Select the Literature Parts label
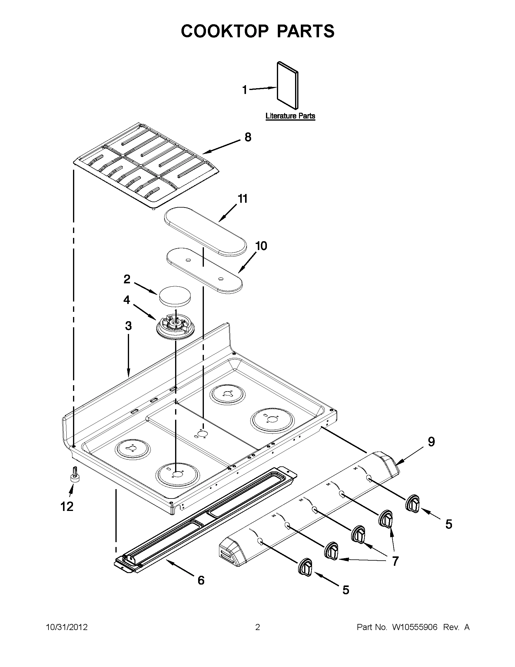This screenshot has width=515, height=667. (x=290, y=116)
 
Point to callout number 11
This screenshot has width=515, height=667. (x=242, y=199)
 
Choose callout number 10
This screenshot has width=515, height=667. (x=261, y=246)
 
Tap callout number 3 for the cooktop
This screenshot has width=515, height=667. (x=128, y=326)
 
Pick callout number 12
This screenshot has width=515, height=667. (x=67, y=507)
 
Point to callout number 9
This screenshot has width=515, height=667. (x=431, y=442)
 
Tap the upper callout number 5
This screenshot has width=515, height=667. (x=448, y=524)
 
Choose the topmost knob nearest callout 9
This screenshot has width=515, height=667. (x=412, y=502)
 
